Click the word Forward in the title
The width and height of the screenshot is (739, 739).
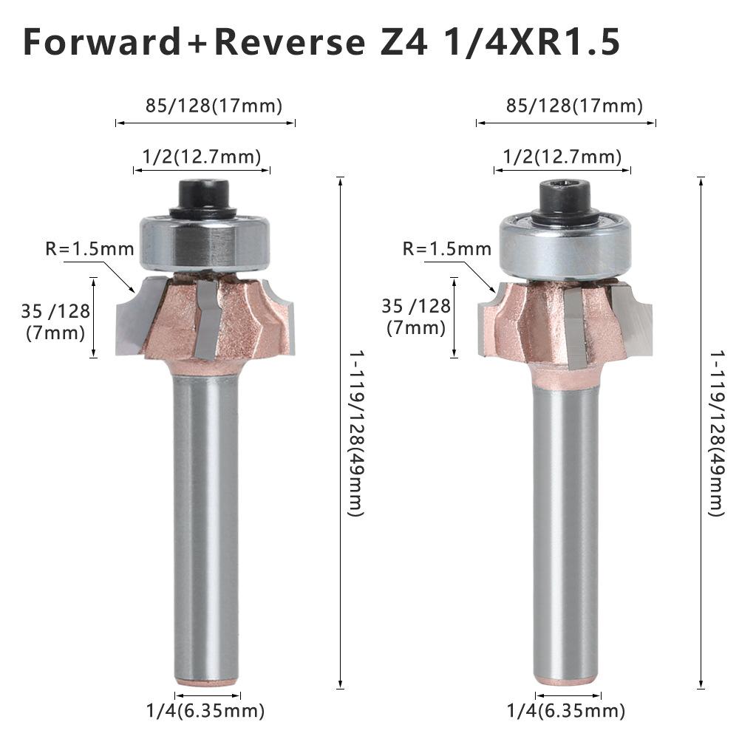pyautogui.click(x=102, y=43)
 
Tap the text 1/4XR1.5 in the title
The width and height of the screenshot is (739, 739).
pyautogui.click(x=529, y=43)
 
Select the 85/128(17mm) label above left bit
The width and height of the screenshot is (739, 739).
pyautogui.click(x=214, y=106)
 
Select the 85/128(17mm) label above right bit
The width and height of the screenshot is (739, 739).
pyautogui.click(x=574, y=106)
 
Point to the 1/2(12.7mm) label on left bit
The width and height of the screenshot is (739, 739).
pyautogui.click(x=202, y=156)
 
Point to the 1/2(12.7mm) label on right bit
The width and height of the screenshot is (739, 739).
pyautogui.click(x=562, y=156)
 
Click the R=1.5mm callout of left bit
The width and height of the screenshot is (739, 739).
pyautogui.click(x=89, y=248)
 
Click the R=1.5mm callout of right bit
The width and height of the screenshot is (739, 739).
pyautogui.click(x=446, y=248)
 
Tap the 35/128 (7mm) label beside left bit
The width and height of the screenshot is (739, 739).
pyautogui.click(x=55, y=321)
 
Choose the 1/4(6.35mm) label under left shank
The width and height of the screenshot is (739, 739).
pyautogui.click(x=205, y=711)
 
